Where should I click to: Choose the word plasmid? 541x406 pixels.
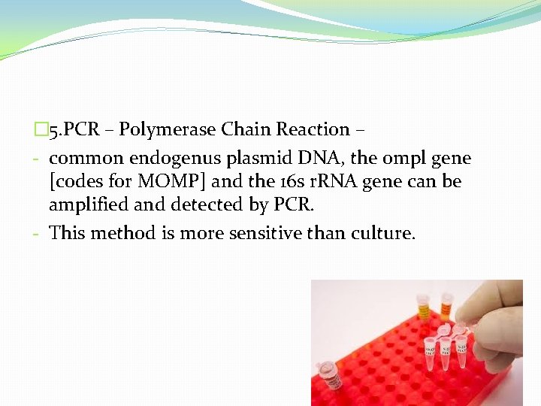point(259,159)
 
